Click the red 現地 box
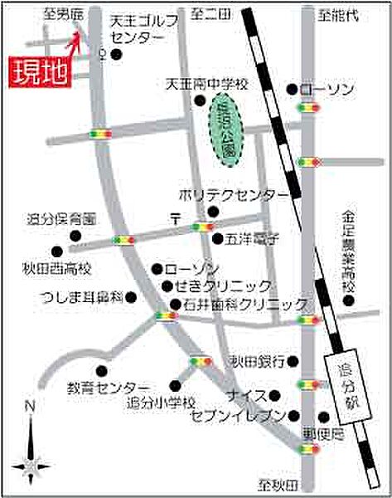[36, 72]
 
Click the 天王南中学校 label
[206, 84]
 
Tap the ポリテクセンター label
[235, 194]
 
